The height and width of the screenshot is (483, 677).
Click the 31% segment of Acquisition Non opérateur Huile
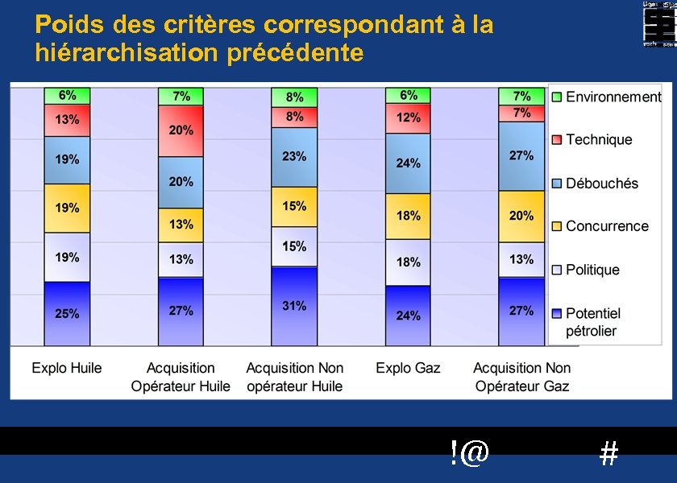point(294,306)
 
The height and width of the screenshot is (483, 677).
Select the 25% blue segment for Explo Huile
point(67,313)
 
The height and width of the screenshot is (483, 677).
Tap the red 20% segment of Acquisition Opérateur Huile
point(181,130)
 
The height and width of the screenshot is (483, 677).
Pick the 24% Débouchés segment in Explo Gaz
point(408,163)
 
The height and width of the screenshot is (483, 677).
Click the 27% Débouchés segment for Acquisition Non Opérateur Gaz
point(521,156)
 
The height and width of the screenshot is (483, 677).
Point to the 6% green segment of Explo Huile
point(67,95)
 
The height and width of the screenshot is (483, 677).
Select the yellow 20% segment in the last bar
point(521,216)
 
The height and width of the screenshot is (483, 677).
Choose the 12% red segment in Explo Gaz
point(408,118)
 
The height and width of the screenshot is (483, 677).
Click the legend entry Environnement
point(613,97)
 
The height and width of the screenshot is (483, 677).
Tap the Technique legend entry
point(598,140)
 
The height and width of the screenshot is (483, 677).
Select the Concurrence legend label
point(606,226)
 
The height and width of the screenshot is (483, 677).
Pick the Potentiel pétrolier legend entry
point(592,321)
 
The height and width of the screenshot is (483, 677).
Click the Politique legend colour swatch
point(556,270)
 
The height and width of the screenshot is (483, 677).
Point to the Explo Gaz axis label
point(408,369)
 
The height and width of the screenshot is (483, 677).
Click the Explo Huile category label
point(67,369)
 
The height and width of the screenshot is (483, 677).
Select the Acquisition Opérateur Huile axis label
point(181,377)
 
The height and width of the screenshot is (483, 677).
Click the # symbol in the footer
point(609,455)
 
